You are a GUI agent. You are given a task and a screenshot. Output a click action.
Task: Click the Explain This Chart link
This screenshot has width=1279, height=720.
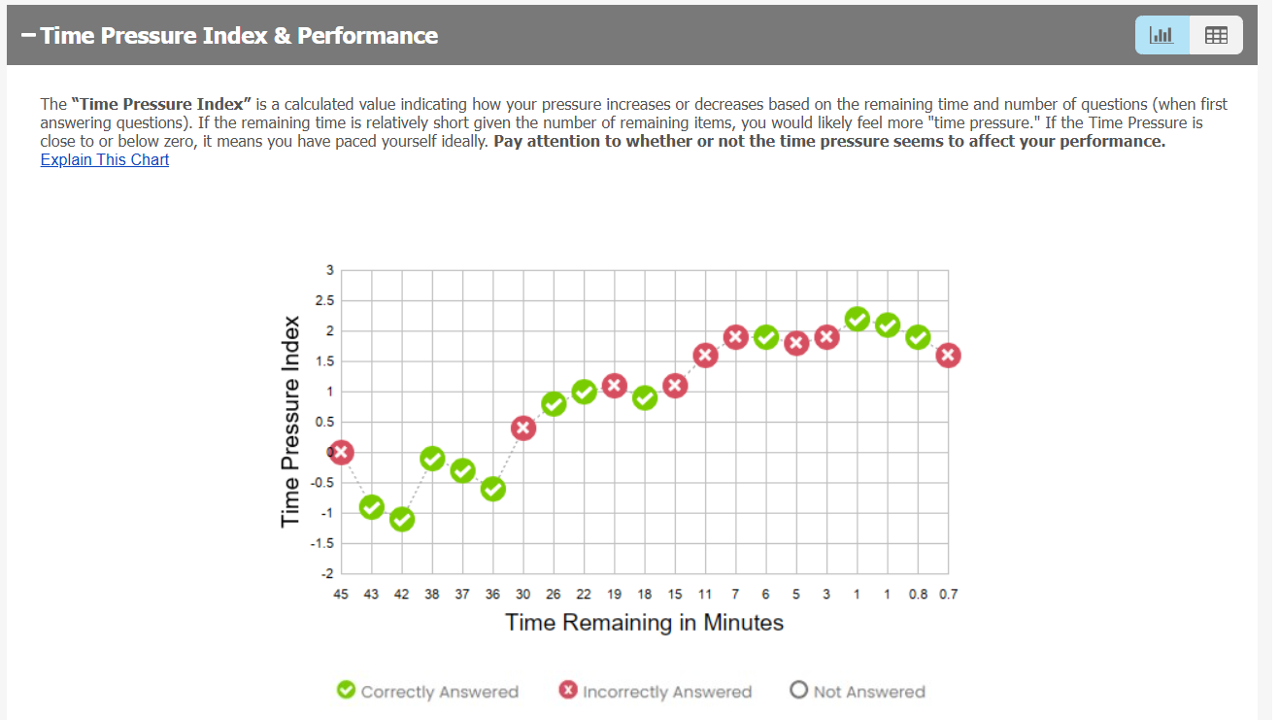(104, 159)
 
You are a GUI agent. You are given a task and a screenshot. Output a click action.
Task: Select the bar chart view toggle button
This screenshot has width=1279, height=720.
(1161, 35)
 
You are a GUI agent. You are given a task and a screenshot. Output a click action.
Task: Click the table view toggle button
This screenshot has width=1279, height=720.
(1216, 35)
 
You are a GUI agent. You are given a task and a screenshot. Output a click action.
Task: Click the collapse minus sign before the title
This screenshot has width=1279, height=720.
(27, 36)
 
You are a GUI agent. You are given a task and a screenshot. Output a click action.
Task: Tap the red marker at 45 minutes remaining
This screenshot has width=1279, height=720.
(341, 452)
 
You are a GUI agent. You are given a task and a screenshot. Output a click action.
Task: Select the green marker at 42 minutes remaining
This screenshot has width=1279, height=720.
(402, 520)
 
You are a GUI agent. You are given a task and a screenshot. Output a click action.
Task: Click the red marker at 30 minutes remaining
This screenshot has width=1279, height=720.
(523, 428)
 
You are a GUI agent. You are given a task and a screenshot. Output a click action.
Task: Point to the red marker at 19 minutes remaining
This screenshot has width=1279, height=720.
(614, 386)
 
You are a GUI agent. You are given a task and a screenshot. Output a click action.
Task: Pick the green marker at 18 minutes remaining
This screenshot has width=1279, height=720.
(645, 398)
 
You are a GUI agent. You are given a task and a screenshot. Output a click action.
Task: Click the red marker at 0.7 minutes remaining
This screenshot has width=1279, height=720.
(948, 355)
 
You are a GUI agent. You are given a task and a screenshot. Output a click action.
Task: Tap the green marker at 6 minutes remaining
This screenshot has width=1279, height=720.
(766, 337)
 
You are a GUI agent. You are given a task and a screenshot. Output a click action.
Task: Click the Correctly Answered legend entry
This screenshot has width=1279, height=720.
(427, 691)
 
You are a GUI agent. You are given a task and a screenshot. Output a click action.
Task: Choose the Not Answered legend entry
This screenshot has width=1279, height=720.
(857, 691)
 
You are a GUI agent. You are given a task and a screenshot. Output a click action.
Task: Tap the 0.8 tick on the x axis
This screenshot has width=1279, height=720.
(918, 594)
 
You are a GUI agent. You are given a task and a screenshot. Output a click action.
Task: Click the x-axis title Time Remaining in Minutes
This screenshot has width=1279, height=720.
(644, 622)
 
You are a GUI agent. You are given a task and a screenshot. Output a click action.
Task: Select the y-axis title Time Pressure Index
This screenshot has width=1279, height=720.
(289, 422)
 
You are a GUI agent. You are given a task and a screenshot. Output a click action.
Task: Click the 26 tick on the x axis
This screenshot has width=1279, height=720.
(554, 594)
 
